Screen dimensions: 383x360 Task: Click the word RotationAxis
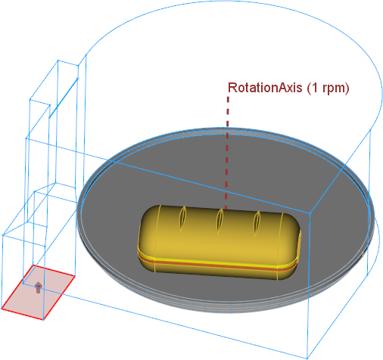(265, 88)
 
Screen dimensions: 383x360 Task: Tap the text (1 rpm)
(329, 88)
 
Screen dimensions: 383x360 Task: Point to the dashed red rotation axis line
(227, 153)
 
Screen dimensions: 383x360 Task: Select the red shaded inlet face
(38, 293)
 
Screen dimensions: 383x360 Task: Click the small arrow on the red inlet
(38, 287)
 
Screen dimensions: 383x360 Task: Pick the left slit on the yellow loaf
(182, 218)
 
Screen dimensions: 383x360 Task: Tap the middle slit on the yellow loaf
(220, 221)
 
